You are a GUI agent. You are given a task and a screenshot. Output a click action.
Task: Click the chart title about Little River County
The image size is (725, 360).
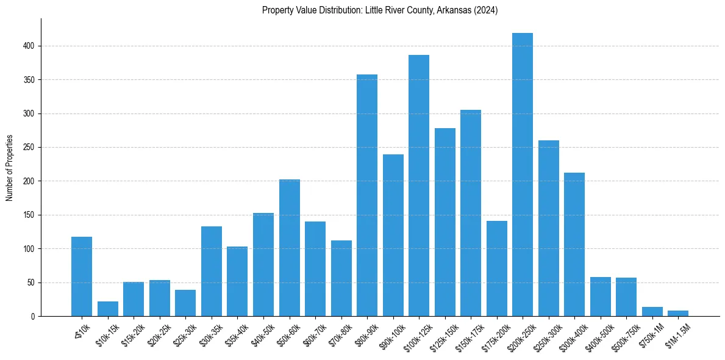click(x=380, y=10)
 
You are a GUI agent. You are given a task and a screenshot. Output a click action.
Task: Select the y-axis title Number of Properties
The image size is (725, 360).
click(x=9, y=167)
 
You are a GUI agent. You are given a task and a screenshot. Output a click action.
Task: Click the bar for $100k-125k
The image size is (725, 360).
click(x=419, y=185)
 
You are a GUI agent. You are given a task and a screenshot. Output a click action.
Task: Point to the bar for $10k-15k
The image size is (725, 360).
click(x=108, y=309)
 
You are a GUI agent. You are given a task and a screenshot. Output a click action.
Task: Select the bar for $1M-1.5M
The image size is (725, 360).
click(x=678, y=314)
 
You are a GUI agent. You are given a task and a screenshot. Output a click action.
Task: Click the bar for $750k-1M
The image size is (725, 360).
click(x=652, y=312)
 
